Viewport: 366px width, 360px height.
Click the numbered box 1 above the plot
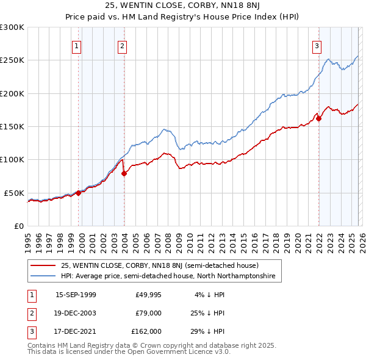coord(77,45)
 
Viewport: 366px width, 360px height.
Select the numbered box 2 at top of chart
coord(122,45)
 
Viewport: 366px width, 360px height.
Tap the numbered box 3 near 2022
coord(317,45)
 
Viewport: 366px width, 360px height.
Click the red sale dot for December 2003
coord(124,174)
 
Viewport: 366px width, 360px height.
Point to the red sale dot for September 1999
coord(79,193)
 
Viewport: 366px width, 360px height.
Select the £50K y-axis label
coord(14,193)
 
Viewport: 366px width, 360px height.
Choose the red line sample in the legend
coord(44,265)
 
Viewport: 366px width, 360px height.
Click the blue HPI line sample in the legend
coord(44,276)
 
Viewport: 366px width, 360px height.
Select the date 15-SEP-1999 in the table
coord(76,295)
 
